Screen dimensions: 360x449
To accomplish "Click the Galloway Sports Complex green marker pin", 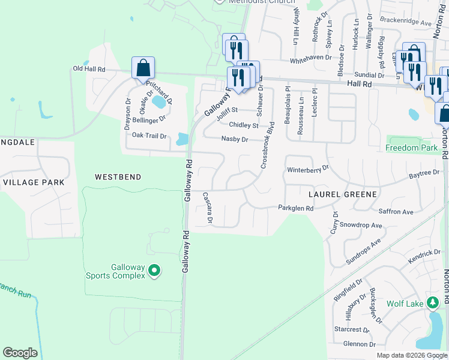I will pos(154,271).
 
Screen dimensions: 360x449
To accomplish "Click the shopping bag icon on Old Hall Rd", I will pos(143,68).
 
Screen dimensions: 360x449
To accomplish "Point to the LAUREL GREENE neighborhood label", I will pos(343,194).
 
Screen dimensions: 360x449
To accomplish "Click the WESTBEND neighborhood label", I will pos(118,177).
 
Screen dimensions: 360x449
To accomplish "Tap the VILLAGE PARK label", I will pos(34,182).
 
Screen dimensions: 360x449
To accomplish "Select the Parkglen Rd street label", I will pos(295,208).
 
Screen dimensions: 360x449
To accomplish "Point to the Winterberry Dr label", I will pos(309,170).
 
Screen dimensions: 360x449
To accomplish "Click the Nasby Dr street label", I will pos(235,139).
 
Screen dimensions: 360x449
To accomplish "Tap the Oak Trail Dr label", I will pos(149,136).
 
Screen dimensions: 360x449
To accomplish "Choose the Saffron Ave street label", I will pos(396,212).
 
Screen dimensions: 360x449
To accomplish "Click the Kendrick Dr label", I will pos(424,256).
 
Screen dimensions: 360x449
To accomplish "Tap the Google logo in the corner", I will pos(20,353).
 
